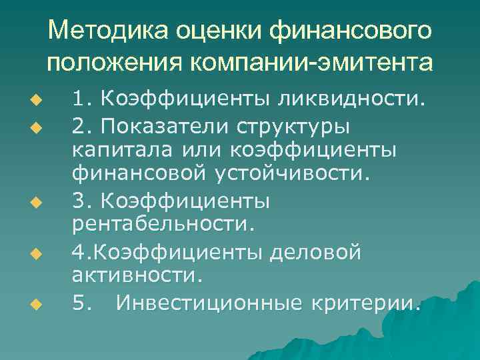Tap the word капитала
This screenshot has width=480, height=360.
coord(121,151)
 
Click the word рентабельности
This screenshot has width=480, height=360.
coord(163,225)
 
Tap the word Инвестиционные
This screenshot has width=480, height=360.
coord(208,304)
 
